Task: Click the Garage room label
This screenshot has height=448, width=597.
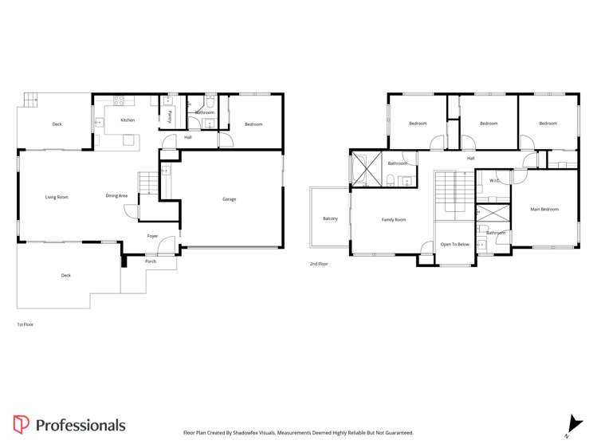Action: pos(229,199)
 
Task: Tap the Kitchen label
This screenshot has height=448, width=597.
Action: pos(128,120)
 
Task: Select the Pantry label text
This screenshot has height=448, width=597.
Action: pos(171,116)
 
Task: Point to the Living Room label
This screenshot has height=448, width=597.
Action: pos(57,196)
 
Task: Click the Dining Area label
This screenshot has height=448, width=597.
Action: pos(116,195)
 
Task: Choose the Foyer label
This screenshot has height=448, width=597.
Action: pos(152,236)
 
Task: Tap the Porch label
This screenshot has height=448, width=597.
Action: pos(151,261)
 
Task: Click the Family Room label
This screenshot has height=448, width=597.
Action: pos(394,219)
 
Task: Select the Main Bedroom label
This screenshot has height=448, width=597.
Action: pos(544,210)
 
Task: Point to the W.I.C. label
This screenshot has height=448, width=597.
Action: pos(494,181)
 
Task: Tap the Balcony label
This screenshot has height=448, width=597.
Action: pos(330,218)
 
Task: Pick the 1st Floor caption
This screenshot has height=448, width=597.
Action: pos(25,324)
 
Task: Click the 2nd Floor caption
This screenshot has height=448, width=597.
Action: pos(318,263)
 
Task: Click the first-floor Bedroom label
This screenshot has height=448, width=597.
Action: pos(253,124)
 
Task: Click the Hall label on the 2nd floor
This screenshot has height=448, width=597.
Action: pos(471,159)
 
